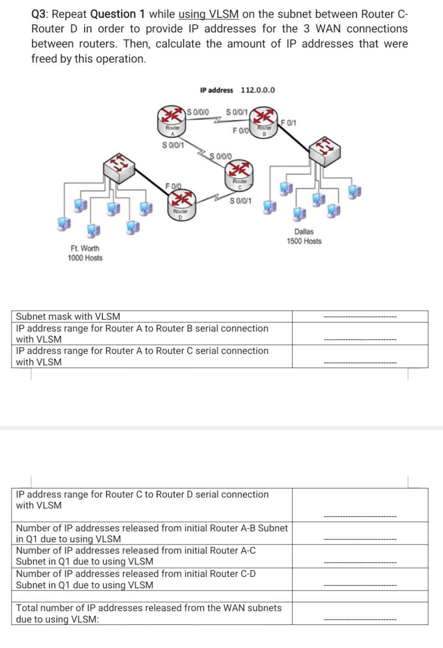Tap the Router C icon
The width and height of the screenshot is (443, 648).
(x=239, y=174)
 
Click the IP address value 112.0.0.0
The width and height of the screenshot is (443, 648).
(x=258, y=90)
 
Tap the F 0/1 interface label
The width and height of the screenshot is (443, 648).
(x=288, y=123)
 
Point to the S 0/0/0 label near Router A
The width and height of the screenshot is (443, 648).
(x=198, y=111)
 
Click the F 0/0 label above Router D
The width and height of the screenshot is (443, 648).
(x=173, y=186)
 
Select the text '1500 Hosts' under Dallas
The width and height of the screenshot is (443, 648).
(x=304, y=241)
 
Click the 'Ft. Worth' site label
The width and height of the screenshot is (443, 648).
(x=85, y=248)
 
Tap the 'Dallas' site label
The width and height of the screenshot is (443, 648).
(x=304, y=232)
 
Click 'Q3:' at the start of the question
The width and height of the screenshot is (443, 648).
(x=41, y=14)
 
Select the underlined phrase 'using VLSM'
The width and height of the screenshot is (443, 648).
(x=208, y=14)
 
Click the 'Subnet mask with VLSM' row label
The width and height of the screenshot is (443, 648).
(x=68, y=316)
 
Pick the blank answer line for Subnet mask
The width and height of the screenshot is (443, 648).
(x=360, y=317)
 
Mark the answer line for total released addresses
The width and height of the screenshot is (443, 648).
(x=360, y=619)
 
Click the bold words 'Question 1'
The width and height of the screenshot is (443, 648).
(x=118, y=14)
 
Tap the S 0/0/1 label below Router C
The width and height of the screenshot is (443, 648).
(x=240, y=201)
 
